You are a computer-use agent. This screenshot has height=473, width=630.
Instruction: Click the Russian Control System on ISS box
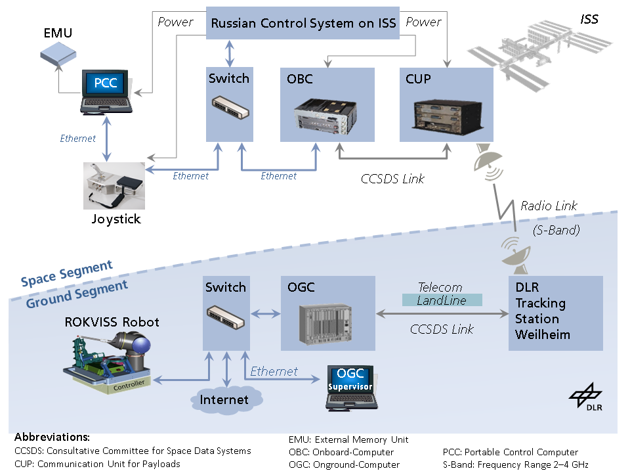pos(303,24)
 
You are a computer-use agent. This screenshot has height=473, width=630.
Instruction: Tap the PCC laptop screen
pos(105,83)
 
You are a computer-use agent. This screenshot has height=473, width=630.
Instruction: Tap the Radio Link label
pos(549,206)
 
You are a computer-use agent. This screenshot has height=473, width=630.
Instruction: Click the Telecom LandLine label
pos(441,294)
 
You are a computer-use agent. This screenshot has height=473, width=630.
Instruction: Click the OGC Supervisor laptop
pos(350,388)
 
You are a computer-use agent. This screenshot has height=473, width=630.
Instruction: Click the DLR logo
pos(586,397)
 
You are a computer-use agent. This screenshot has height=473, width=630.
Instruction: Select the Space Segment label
pos(66,273)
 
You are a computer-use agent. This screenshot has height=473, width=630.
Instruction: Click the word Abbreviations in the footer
pos(52,437)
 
